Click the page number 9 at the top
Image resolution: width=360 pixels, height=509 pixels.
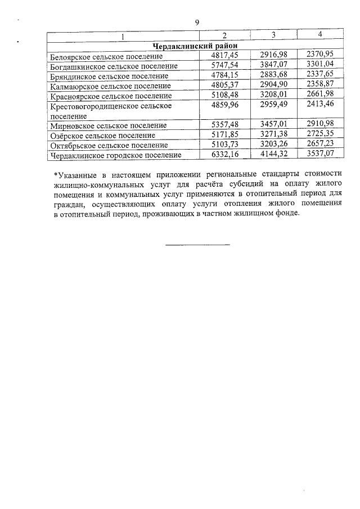coord(197,22)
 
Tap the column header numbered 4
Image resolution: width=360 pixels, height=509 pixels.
coord(320,35)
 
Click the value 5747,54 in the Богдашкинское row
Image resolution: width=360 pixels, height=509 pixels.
coord(224,65)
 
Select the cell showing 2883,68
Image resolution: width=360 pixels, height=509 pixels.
coord(273,75)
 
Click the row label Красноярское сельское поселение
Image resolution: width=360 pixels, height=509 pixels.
coord(111,96)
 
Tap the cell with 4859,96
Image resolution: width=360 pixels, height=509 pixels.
coord(224,105)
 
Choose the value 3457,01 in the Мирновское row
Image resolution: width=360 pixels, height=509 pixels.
coord(273,124)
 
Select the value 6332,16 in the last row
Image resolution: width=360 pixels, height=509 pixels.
coord(224,154)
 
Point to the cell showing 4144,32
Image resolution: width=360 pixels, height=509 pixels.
coord(273,154)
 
